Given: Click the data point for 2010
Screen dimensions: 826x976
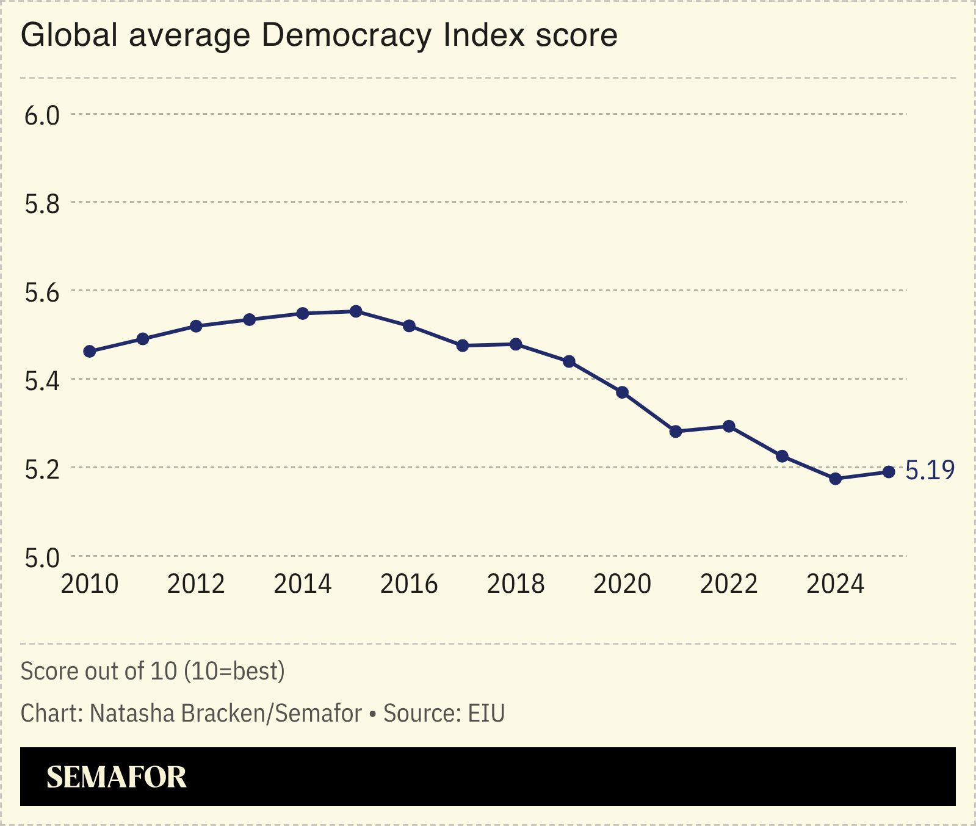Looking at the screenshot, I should [90, 351].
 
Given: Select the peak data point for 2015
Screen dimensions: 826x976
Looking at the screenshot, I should [356, 311].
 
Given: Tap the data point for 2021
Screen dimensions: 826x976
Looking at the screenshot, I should [676, 432].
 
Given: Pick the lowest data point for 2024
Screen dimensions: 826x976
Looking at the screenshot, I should [836, 479].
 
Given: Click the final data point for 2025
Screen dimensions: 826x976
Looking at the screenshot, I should [889, 472].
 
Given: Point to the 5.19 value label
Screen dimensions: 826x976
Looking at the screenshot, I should [930, 470].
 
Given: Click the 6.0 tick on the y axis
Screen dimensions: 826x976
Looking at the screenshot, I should [42, 115].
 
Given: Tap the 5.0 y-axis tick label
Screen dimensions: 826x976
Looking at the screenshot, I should [42, 557].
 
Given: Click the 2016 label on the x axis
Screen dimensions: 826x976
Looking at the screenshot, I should [409, 584].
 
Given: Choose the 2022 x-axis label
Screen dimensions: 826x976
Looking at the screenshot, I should [729, 584].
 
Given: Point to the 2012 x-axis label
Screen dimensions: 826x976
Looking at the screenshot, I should [196, 584].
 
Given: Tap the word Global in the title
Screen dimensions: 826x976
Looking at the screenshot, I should [69, 35].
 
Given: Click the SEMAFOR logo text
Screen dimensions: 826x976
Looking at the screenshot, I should [117, 777].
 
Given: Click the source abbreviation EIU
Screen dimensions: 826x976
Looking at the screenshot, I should [486, 713].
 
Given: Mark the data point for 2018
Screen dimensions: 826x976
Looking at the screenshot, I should [516, 344].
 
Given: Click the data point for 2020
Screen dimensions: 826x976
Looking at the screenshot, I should [623, 393].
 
